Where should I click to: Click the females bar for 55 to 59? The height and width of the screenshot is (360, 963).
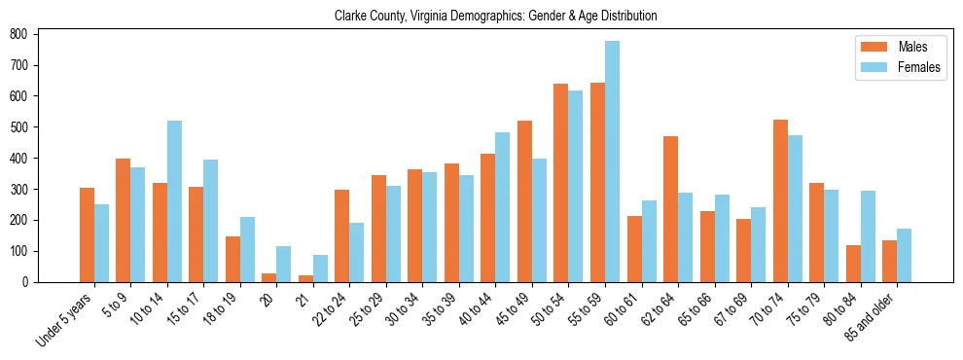point(612,162)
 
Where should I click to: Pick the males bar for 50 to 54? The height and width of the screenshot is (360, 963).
point(561,183)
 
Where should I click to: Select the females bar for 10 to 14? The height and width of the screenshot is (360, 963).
point(174,201)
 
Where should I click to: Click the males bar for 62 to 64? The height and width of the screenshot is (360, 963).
point(671,209)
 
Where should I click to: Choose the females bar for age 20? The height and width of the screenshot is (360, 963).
point(284,264)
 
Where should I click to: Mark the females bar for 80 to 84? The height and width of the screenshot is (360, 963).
point(868,236)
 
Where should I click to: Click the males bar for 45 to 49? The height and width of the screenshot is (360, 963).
point(525,201)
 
